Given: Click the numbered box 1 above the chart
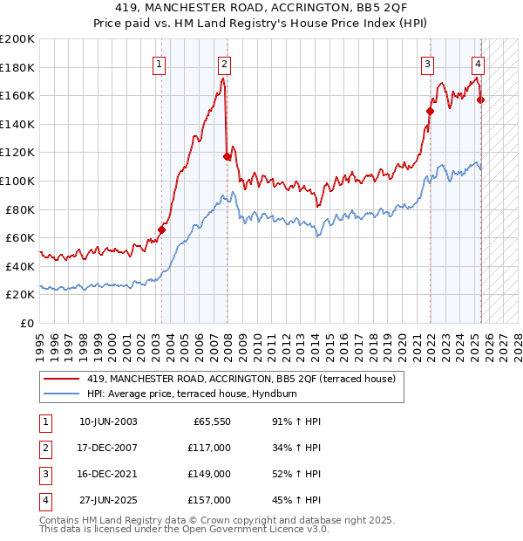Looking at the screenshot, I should (160, 63).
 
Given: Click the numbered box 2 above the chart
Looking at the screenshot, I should (225, 63).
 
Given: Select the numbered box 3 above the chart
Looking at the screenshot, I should (429, 63).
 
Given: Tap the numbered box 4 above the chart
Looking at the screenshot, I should (479, 63).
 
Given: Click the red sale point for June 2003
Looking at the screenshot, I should (161, 230).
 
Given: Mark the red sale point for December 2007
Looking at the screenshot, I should (227, 157).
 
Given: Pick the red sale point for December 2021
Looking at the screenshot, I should (430, 111).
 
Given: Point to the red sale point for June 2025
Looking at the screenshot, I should (481, 99).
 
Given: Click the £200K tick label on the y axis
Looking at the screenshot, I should (17, 39).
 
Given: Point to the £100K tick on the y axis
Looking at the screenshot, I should (17, 181).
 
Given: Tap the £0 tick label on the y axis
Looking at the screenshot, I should (26, 323).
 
